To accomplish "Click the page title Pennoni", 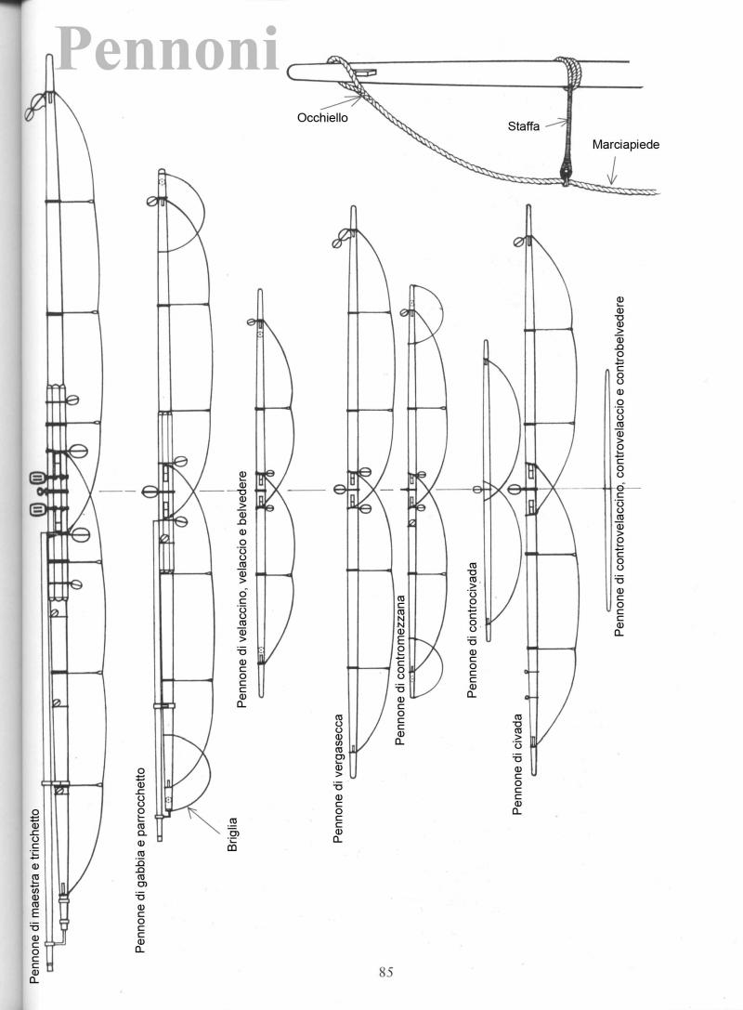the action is [x=167, y=49].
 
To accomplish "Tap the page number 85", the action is [x=385, y=972].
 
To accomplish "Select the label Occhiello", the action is [x=322, y=118].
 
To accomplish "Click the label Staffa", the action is [x=524, y=126].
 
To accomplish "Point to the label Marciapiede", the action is [x=626, y=144].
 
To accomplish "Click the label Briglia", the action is [x=232, y=834].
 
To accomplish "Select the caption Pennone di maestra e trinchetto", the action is [x=34, y=896].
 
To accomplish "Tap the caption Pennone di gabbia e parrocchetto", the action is [x=139, y=859].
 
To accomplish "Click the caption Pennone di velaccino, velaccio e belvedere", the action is [x=242, y=589].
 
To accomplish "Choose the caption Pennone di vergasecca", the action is [x=338, y=778].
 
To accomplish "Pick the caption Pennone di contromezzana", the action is [x=400, y=670].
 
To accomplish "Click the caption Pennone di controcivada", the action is [x=472, y=630].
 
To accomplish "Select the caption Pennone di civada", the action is [x=517, y=763].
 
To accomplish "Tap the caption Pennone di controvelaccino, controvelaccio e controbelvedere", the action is [x=619, y=466].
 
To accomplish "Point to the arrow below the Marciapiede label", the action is [x=612, y=170].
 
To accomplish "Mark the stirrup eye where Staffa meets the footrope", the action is [x=566, y=173].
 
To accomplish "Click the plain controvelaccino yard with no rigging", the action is [x=607, y=490].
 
